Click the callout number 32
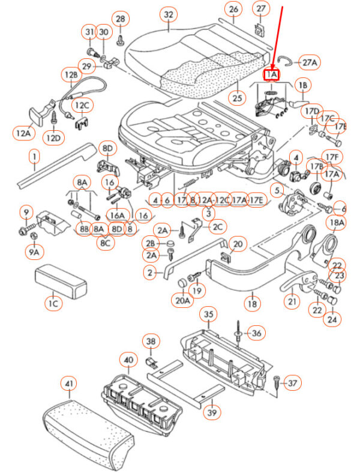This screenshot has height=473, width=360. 169,14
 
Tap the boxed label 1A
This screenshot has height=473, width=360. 272,74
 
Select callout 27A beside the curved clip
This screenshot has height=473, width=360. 310,62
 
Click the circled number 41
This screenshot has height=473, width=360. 70,383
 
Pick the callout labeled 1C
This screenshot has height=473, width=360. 53,304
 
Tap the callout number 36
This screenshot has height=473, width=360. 256,332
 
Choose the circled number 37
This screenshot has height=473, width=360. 292,382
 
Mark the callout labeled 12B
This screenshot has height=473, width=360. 71,75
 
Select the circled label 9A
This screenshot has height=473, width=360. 34,252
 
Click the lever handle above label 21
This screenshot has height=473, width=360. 298,280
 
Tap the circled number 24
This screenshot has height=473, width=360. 332,319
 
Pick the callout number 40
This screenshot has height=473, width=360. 127,360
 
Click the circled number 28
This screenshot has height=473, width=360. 121,19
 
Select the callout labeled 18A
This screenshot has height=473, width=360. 337,223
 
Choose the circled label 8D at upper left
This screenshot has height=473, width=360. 107,148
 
